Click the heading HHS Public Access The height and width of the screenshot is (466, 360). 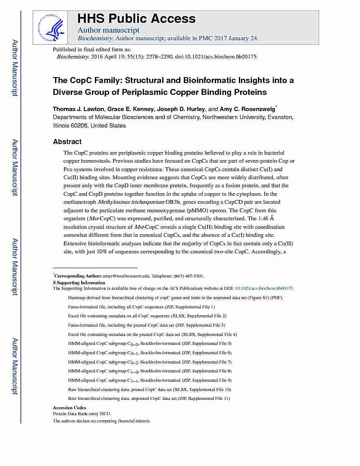tap(136, 19)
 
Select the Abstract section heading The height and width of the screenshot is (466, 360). tap(67, 141)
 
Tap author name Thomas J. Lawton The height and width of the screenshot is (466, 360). tap(78, 109)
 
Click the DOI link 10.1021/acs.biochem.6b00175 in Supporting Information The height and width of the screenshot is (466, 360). tap(264, 288)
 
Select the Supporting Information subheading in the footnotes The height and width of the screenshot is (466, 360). tap(81, 283)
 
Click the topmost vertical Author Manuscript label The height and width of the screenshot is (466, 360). tap(15, 68)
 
